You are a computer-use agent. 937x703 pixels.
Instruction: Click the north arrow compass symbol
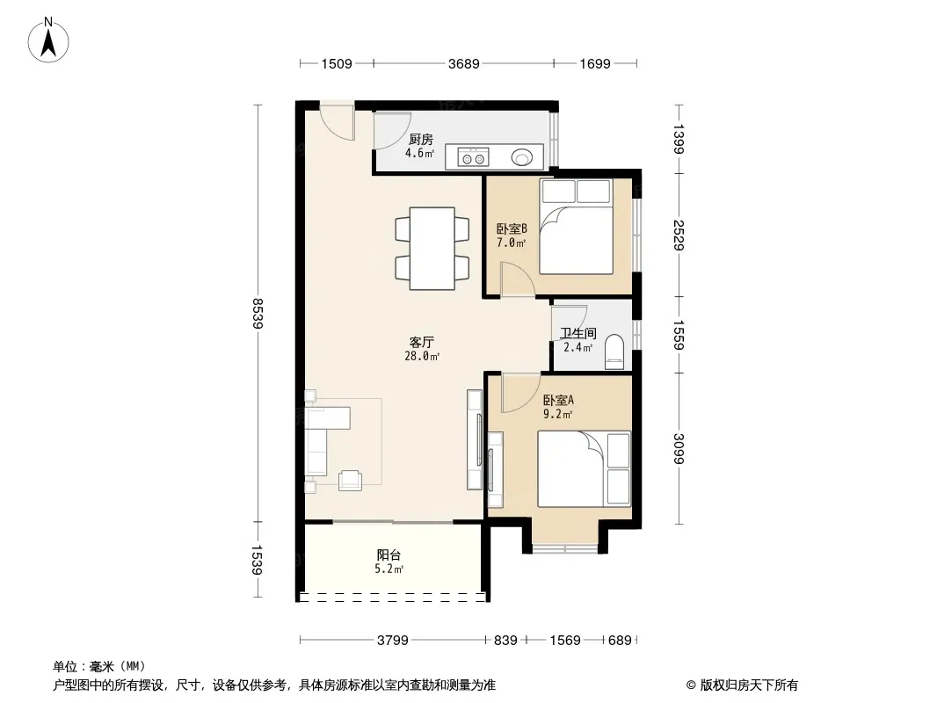pos(48,40)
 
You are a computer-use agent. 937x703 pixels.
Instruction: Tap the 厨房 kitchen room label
pos(421,139)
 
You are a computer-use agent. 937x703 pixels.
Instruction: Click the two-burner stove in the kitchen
pos(473,157)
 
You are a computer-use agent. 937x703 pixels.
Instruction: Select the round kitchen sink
pos(522,157)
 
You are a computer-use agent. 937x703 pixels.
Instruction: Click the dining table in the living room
pos(432,249)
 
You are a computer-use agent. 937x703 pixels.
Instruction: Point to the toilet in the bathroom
pos(614,351)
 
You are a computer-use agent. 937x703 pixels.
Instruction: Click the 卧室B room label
pos(512,228)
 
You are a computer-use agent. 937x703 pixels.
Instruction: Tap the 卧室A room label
pos(558,400)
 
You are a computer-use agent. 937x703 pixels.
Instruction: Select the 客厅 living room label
pos(421,342)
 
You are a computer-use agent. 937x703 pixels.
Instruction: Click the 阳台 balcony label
pos(389,554)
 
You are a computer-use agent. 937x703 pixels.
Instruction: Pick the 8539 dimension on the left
pos(258,313)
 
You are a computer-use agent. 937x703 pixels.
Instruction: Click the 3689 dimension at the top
pos(464,63)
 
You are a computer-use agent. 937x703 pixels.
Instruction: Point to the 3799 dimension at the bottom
pos(393,641)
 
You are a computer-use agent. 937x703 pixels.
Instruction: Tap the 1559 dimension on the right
pos(679,335)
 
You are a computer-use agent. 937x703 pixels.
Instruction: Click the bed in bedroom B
pos(577,227)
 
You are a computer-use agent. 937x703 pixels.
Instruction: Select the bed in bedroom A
pos(585,469)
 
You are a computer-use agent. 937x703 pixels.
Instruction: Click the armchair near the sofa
pos(350,480)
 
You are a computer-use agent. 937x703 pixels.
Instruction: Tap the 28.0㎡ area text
pos(422,357)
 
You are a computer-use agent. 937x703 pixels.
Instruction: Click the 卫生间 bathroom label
pos(577,333)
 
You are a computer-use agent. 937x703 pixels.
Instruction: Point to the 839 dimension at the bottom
pos(505,641)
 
